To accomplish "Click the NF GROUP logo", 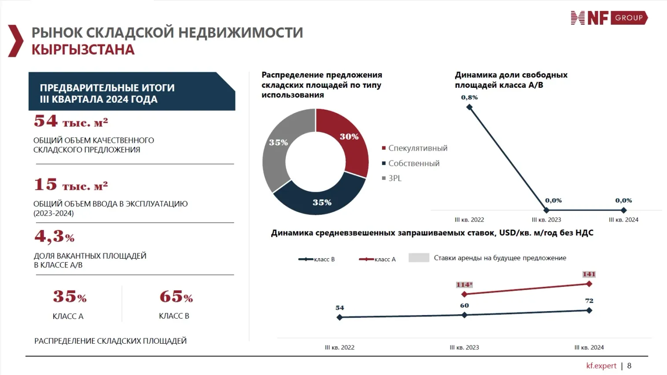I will coord(609,18).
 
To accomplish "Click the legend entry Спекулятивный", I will coord(417,149).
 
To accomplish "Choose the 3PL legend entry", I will coord(394,178).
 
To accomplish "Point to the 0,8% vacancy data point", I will coord(469,107).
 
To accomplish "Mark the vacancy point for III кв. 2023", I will coord(546,210).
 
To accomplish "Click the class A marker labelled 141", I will coord(589,284).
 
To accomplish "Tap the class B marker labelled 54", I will coord(339,317).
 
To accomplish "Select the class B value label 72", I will coord(589,301).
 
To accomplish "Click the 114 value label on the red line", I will coord(464,285).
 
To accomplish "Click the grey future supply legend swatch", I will coord(419,258).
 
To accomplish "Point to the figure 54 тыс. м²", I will coord(70,121).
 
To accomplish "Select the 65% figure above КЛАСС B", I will coord(176,297).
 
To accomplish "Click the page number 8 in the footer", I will coord(629,366).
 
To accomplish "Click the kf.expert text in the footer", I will coord(601,366).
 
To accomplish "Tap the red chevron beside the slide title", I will coord(16,41).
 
